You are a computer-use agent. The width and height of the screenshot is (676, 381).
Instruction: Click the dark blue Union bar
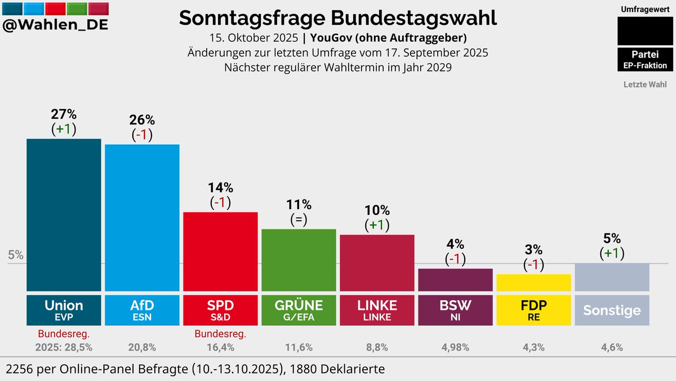tap(64, 214)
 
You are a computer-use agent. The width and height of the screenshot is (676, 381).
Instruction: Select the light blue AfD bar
tap(142, 217)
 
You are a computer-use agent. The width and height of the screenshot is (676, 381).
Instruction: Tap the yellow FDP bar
tap(533, 282)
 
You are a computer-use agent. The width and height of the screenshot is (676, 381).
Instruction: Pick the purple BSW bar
tap(455, 280)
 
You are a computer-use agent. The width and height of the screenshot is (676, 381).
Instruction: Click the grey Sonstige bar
tap(612, 277)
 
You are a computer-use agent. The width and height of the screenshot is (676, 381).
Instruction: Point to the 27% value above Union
tap(64, 114)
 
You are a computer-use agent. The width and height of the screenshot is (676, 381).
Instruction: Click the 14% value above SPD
tap(220, 188)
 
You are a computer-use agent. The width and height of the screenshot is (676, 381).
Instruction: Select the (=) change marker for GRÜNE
tap(299, 219)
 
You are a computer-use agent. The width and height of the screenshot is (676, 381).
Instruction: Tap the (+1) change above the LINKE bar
tap(377, 225)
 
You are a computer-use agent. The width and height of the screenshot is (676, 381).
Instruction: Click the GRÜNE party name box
tap(299, 309)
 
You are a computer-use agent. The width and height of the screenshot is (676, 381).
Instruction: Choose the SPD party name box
tap(220, 309)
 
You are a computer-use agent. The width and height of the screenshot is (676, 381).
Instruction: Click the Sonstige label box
tap(612, 310)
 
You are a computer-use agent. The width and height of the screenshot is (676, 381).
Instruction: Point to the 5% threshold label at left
tap(16, 255)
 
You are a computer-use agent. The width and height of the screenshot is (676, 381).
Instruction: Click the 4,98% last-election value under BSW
tap(455, 347)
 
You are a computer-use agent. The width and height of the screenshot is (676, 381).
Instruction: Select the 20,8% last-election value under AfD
tap(142, 347)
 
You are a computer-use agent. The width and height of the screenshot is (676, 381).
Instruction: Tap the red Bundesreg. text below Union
tap(64, 334)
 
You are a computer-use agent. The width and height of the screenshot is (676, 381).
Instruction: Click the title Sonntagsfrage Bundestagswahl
tap(338, 17)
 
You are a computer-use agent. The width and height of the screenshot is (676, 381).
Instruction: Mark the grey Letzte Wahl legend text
tap(645, 85)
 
